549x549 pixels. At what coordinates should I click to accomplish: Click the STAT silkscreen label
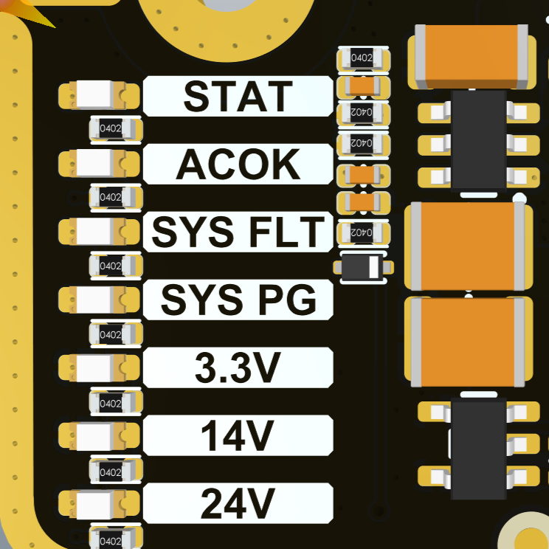point(238,96)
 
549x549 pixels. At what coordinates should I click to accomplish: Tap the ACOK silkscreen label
point(238,165)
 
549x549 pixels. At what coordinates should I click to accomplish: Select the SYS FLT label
point(238,232)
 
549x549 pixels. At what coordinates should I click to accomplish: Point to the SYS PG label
point(238,300)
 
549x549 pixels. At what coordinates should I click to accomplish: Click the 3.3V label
point(238,367)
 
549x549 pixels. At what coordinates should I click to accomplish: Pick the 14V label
point(238,435)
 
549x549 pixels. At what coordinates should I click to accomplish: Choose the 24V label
point(238,504)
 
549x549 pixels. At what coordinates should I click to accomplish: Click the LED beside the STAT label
point(99,94)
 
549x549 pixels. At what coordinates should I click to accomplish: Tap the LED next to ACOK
point(99,162)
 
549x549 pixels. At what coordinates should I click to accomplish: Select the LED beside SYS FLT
point(99,230)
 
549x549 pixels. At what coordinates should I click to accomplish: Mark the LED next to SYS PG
point(99,298)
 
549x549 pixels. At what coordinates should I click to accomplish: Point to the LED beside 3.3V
point(99,366)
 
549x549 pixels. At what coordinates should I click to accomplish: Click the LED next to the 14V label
point(99,435)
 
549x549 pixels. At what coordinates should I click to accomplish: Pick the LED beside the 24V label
point(99,503)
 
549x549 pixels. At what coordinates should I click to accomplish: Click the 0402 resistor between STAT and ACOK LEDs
point(115,129)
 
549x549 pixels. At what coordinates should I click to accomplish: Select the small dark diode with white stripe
point(364,266)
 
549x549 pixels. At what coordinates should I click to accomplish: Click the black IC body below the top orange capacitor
point(477,140)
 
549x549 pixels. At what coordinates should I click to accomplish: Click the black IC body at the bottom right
point(477,449)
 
